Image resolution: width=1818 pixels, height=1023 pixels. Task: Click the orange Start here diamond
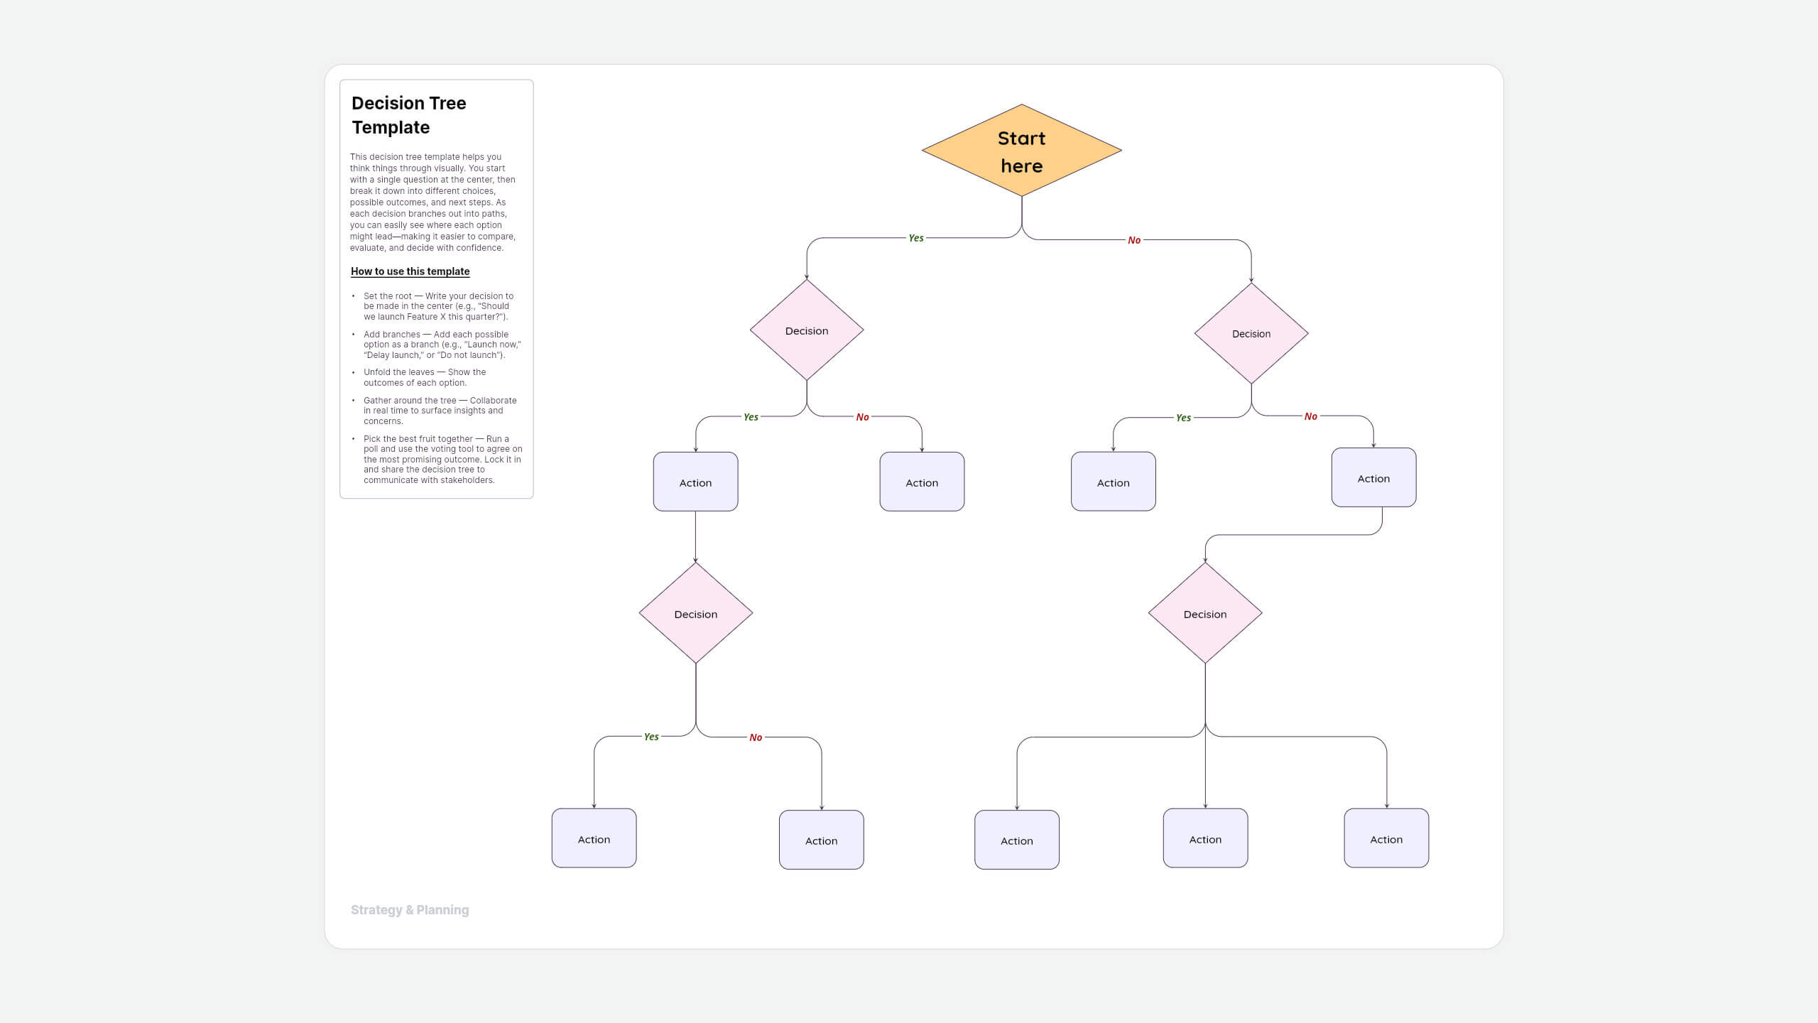point(1021,151)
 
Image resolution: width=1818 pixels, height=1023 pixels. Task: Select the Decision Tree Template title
point(409,115)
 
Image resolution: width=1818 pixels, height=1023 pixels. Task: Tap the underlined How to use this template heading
point(410,271)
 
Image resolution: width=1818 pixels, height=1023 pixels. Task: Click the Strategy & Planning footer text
point(410,910)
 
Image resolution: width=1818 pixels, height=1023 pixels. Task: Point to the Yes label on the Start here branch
point(916,238)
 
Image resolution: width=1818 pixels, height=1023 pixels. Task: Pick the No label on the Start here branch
point(1134,240)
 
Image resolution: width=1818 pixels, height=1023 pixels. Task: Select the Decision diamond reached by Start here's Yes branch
point(807,330)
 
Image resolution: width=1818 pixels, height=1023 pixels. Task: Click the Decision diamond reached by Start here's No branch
point(1251,334)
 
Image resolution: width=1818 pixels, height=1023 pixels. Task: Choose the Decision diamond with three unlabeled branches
point(1205,614)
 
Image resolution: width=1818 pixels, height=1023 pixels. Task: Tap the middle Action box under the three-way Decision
point(1205,839)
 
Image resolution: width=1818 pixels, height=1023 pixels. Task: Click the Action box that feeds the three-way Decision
point(1373,478)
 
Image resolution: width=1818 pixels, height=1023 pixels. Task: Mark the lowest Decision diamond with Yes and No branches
point(695,614)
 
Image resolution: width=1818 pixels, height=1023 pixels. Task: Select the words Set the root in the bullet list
point(388,296)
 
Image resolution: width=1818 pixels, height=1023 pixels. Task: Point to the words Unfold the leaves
point(399,372)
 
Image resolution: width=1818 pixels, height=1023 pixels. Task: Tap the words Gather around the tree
point(410,401)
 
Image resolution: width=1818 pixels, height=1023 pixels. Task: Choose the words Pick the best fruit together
point(418,439)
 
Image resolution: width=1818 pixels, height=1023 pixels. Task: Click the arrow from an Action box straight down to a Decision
point(695,536)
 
